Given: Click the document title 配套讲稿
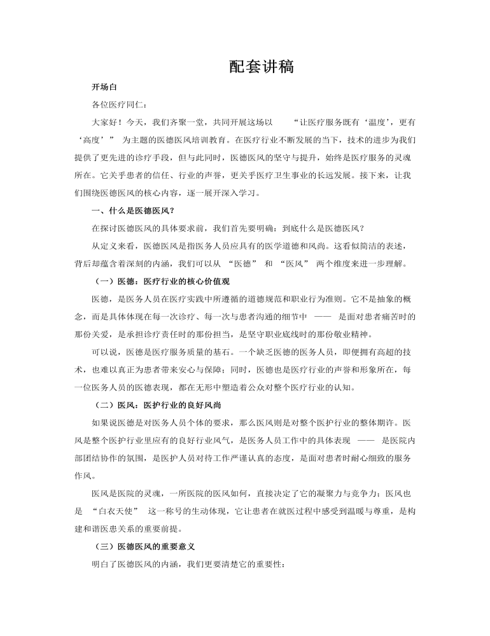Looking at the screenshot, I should pyautogui.click(x=261, y=67).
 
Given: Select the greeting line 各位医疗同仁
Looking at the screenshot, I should pyautogui.click(x=119, y=104).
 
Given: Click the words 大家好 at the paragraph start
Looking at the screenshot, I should pyautogui.click(x=105, y=121).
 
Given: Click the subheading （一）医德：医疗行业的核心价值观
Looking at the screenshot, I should pyautogui.click(x=161, y=280).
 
